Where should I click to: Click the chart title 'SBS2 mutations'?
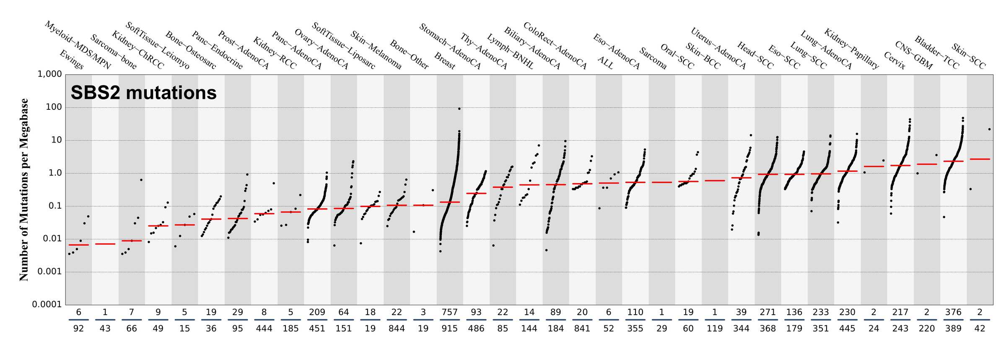143,93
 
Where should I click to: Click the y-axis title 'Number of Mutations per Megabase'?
24,189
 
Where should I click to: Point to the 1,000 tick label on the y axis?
50,74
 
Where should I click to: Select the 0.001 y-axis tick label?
50,272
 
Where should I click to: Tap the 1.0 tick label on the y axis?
53,173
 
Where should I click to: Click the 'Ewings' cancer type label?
72,60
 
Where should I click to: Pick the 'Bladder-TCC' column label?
937,52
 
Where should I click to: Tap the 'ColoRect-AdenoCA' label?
555,46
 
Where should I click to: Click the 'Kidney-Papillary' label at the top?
851,49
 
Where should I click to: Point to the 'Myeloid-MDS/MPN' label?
78,45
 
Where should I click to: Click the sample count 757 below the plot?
450,312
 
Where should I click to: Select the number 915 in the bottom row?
450,329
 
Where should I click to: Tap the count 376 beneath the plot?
953,312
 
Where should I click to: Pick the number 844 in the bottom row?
397,329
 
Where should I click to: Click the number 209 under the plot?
317,312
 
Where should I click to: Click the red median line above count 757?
450,202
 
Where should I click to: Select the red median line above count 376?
953,161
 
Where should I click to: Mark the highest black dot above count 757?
459,109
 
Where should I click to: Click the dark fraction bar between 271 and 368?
768,320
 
